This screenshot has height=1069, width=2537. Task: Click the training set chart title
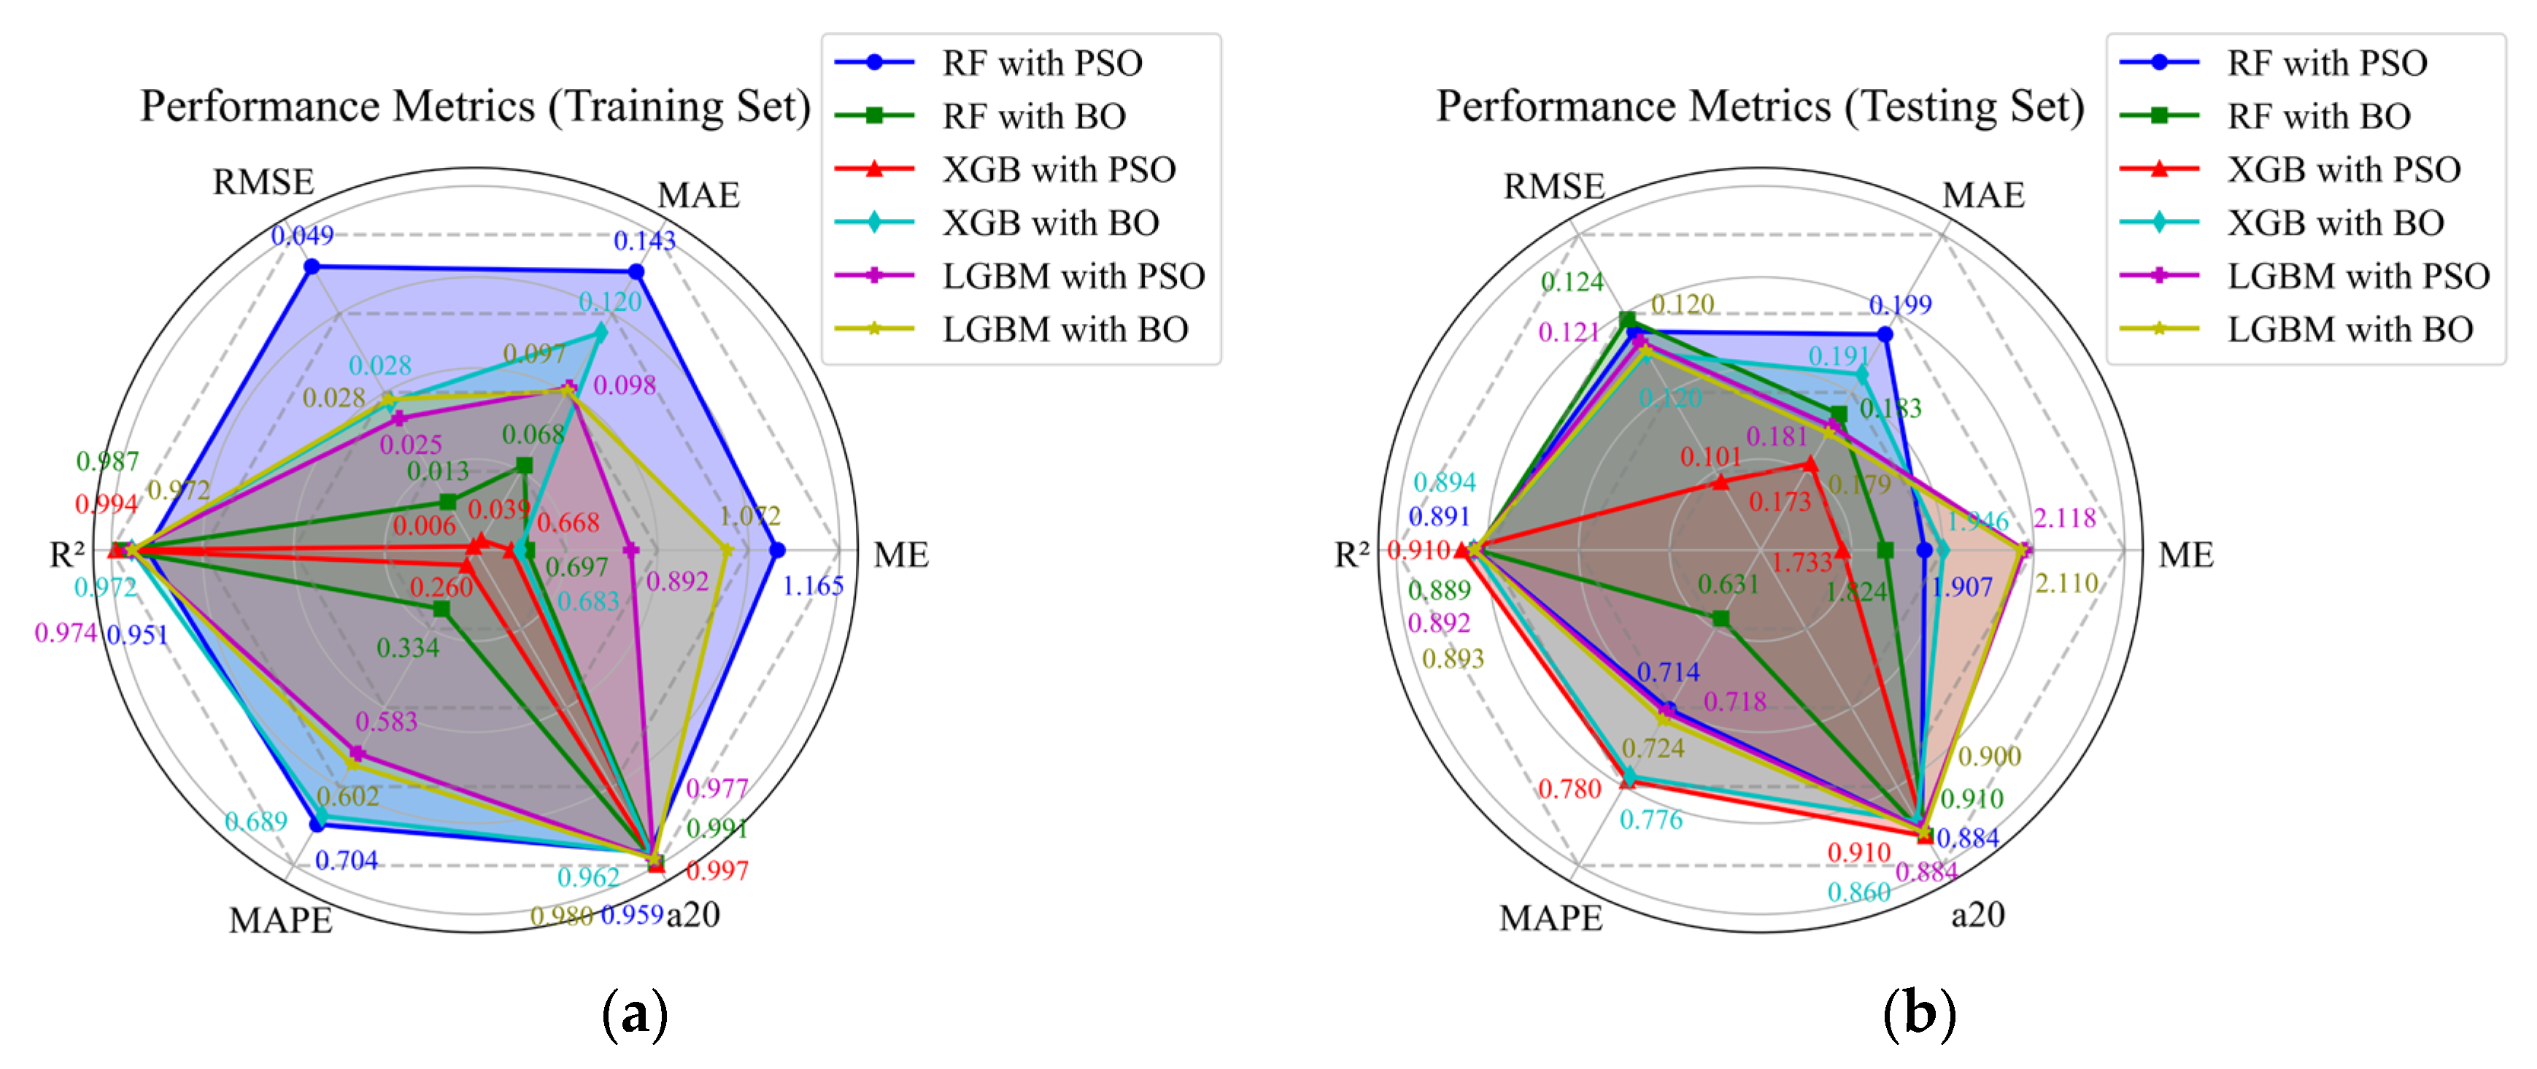point(475,107)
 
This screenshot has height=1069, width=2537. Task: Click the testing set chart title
point(1759,107)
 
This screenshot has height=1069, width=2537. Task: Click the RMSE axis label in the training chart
point(263,182)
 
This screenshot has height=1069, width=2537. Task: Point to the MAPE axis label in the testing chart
point(1551,918)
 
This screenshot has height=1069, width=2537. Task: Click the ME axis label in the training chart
point(900,555)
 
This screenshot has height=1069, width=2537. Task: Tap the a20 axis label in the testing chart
point(1977,914)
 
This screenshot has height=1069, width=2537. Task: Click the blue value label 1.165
point(813,586)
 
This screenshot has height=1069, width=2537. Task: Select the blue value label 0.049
point(302,236)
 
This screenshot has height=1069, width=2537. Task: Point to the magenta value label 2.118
point(2064,518)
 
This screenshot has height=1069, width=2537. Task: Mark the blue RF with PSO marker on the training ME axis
point(777,549)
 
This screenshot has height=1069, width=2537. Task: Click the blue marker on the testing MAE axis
point(1884,335)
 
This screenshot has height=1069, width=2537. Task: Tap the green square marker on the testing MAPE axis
point(1720,619)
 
